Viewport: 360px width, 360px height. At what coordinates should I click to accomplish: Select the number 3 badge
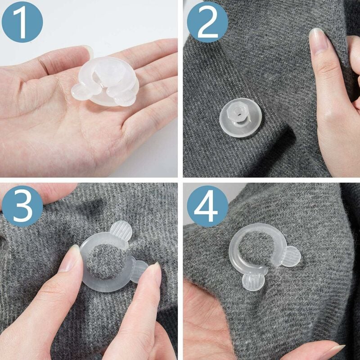[x=22, y=207]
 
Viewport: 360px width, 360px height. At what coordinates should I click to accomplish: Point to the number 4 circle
[x=207, y=207]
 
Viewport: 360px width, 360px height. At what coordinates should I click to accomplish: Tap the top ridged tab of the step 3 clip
[x=121, y=231]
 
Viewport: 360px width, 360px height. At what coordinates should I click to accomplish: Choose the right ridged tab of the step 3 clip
[x=139, y=270]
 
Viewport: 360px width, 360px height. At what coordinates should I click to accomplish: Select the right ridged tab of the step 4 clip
[x=290, y=256]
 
